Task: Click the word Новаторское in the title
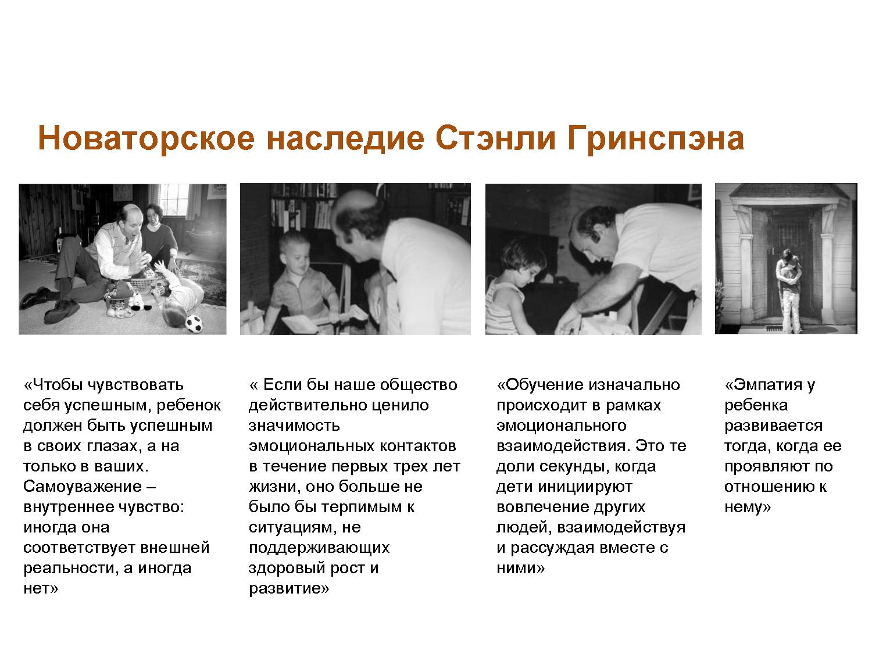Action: click(x=145, y=139)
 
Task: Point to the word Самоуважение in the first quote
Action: click(x=82, y=487)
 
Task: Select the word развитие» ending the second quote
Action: click(x=289, y=588)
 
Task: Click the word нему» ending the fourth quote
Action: click(x=747, y=507)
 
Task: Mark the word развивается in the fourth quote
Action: click(x=773, y=426)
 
